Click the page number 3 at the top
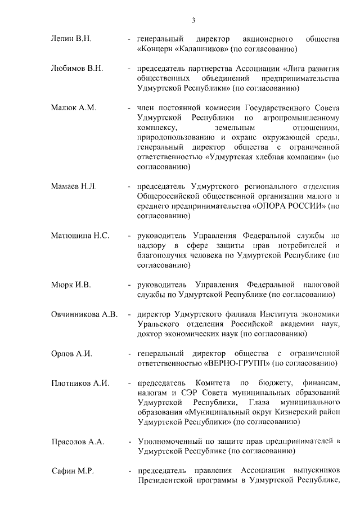pyautogui.click(x=193, y=21)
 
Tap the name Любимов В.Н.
pyautogui.click(x=77, y=69)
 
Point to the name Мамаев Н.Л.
pyautogui.click(x=74, y=186)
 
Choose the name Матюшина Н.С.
pyautogui.click(x=80, y=235)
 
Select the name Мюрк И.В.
pyautogui.click(x=71, y=285)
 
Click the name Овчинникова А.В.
pyautogui.click(x=84, y=314)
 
